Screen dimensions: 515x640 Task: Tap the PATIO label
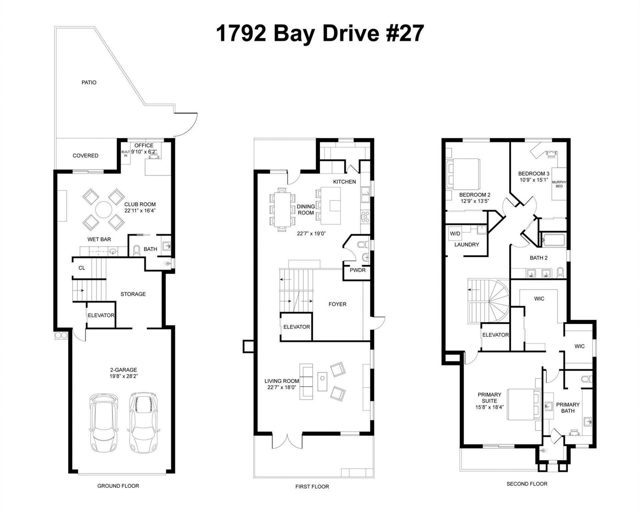pos(89,82)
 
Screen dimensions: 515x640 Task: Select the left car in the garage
pos(104,423)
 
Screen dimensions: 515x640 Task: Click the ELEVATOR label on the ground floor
pos(101,315)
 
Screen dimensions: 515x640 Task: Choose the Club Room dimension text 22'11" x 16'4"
pos(140,211)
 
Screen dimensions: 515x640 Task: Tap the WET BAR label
pos(99,239)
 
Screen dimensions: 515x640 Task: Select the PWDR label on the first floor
pos(357,270)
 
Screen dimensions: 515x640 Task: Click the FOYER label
pos(337,304)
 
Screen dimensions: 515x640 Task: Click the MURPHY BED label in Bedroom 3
pos(559,184)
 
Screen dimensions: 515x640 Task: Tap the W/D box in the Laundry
pos(455,233)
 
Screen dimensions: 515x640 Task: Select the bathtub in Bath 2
pos(553,240)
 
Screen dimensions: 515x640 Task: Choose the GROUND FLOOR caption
pos(118,486)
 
